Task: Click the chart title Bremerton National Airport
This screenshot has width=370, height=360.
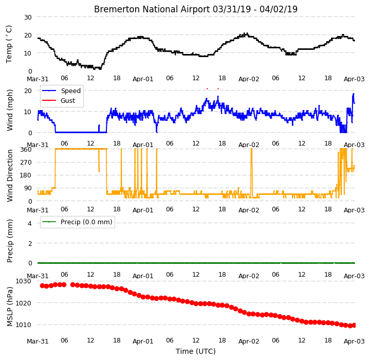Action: tap(152, 9)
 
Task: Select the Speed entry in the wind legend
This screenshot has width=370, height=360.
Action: tap(70, 91)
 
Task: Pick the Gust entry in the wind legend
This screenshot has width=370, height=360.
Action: tap(68, 101)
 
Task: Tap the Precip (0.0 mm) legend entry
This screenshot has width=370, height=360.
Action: tap(86, 222)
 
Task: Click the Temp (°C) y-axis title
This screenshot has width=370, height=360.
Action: tap(9, 44)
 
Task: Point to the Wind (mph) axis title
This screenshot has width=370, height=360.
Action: tap(9, 111)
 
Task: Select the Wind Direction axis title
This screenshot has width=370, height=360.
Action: tap(9, 176)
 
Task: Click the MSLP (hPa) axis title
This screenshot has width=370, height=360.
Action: tap(9, 307)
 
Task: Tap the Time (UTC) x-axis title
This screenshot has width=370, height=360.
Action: tap(196, 351)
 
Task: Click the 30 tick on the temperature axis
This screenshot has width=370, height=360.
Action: tap(28, 17)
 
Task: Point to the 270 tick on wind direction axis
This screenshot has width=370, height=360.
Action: tap(26, 163)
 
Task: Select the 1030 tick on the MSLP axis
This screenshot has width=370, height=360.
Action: tap(23, 281)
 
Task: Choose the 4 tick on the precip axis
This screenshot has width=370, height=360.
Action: tap(30, 223)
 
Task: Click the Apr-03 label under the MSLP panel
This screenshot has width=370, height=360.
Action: tap(354, 341)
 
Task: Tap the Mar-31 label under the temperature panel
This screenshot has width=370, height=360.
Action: tap(38, 79)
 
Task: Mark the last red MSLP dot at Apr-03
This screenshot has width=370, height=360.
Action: tap(354, 325)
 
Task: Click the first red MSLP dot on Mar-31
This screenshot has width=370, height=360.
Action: tap(42, 286)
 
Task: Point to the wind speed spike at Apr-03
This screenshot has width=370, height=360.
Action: tap(354, 94)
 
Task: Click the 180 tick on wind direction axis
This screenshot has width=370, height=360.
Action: tap(26, 175)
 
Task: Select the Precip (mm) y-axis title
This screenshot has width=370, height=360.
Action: tap(9, 241)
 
